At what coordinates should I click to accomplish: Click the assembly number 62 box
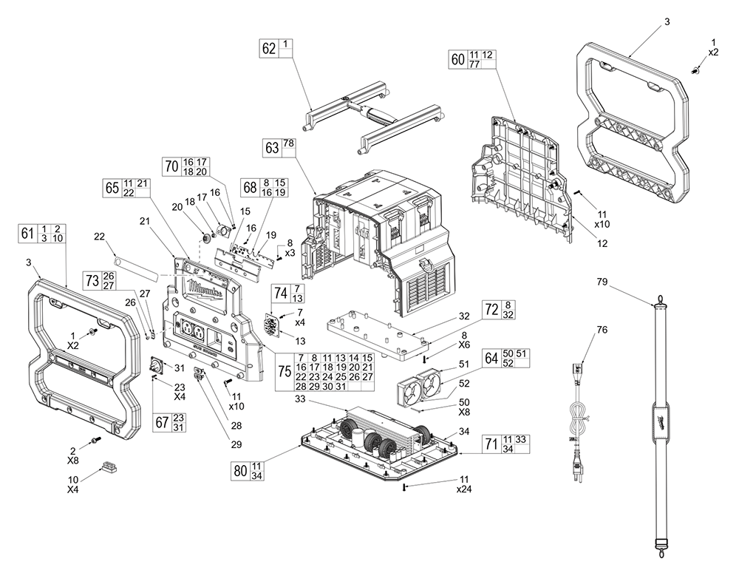pyautogui.click(x=269, y=49)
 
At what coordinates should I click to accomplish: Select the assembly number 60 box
pyautogui.click(x=458, y=60)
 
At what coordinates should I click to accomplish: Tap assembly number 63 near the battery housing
pyautogui.click(x=273, y=147)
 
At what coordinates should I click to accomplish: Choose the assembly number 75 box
pyautogui.click(x=284, y=371)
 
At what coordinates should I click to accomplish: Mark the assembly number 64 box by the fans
pyautogui.click(x=491, y=358)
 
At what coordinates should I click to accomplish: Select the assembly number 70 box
pyautogui.click(x=171, y=166)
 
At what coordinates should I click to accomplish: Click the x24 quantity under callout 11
pyautogui.click(x=463, y=490)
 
